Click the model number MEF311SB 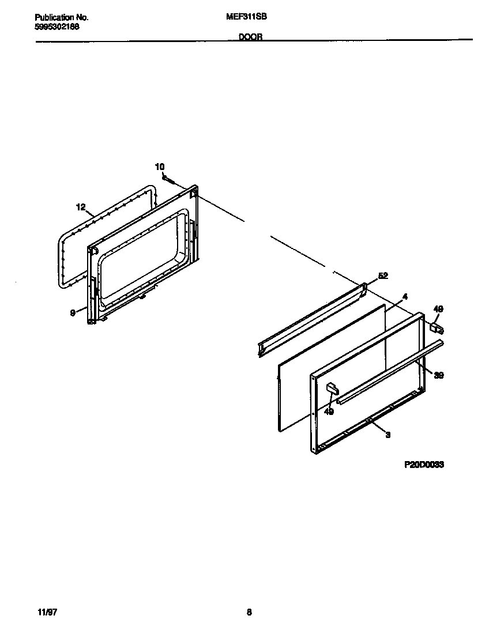(x=246, y=17)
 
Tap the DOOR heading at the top (x=250, y=36)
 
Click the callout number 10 (x=160, y=167)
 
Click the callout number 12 (x=81, y=207)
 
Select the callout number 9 (x=73, y=313)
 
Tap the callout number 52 (x=383, y=276)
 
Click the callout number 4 (x=405, y=297)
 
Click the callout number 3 (x=388, y=435)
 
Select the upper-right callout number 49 (x=438, y=310)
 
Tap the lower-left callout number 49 (x=328, y=412)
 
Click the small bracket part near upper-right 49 (x=437, y=327)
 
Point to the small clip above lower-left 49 (x=332, y=388)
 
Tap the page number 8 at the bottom (x=249, y=613)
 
